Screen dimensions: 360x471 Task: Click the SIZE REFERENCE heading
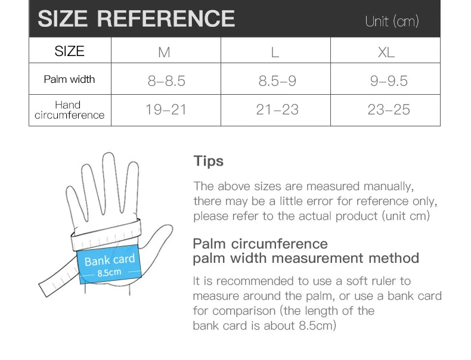136,18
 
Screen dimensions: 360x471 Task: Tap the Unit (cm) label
392,21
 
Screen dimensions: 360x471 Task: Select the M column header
164,52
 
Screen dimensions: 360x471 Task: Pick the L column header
275,52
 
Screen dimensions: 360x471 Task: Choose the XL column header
386,52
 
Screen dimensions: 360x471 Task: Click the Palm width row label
69,79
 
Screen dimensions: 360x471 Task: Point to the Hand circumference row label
69,110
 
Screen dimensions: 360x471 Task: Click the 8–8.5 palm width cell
166,80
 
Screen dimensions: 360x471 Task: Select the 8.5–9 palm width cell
277,80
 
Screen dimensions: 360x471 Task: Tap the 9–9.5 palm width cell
389,80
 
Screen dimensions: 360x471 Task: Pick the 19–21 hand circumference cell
166,110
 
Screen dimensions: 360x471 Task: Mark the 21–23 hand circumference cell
277,110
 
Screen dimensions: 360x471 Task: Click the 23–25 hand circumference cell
389,110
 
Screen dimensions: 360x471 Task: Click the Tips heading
209,161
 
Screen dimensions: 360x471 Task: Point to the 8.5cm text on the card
109,273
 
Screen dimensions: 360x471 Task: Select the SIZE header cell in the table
69,51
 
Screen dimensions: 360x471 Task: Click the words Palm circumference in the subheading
260,244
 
